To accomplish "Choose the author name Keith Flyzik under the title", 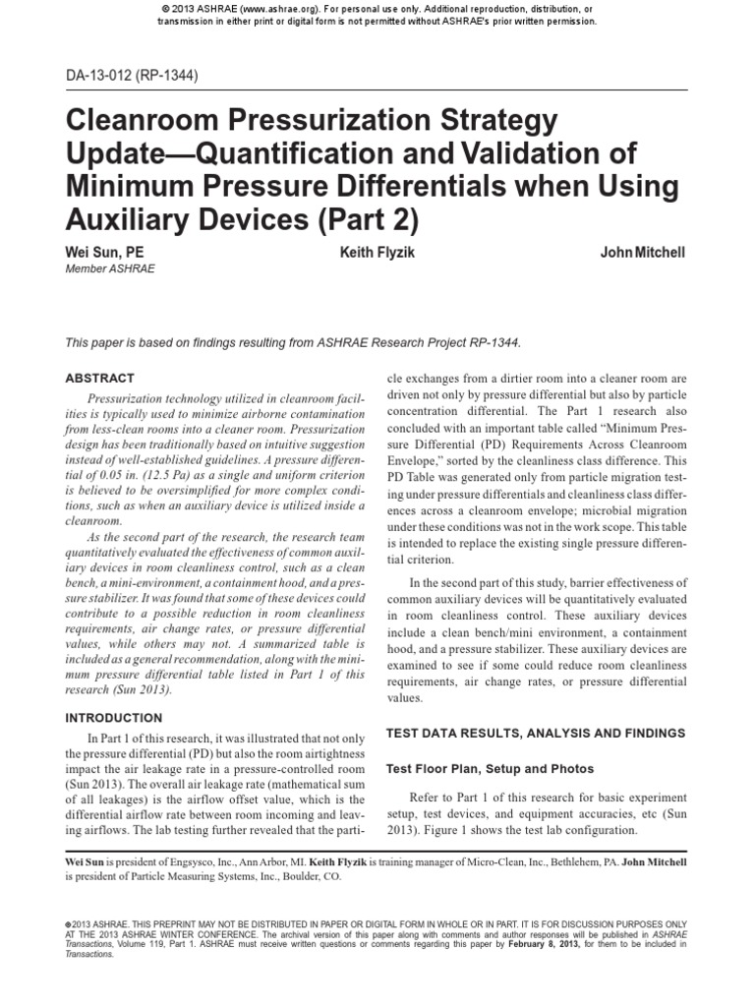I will [x=377, y=253].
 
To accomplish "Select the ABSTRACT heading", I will [x=99, y=378].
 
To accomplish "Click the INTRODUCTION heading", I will [x=112, y=718].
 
